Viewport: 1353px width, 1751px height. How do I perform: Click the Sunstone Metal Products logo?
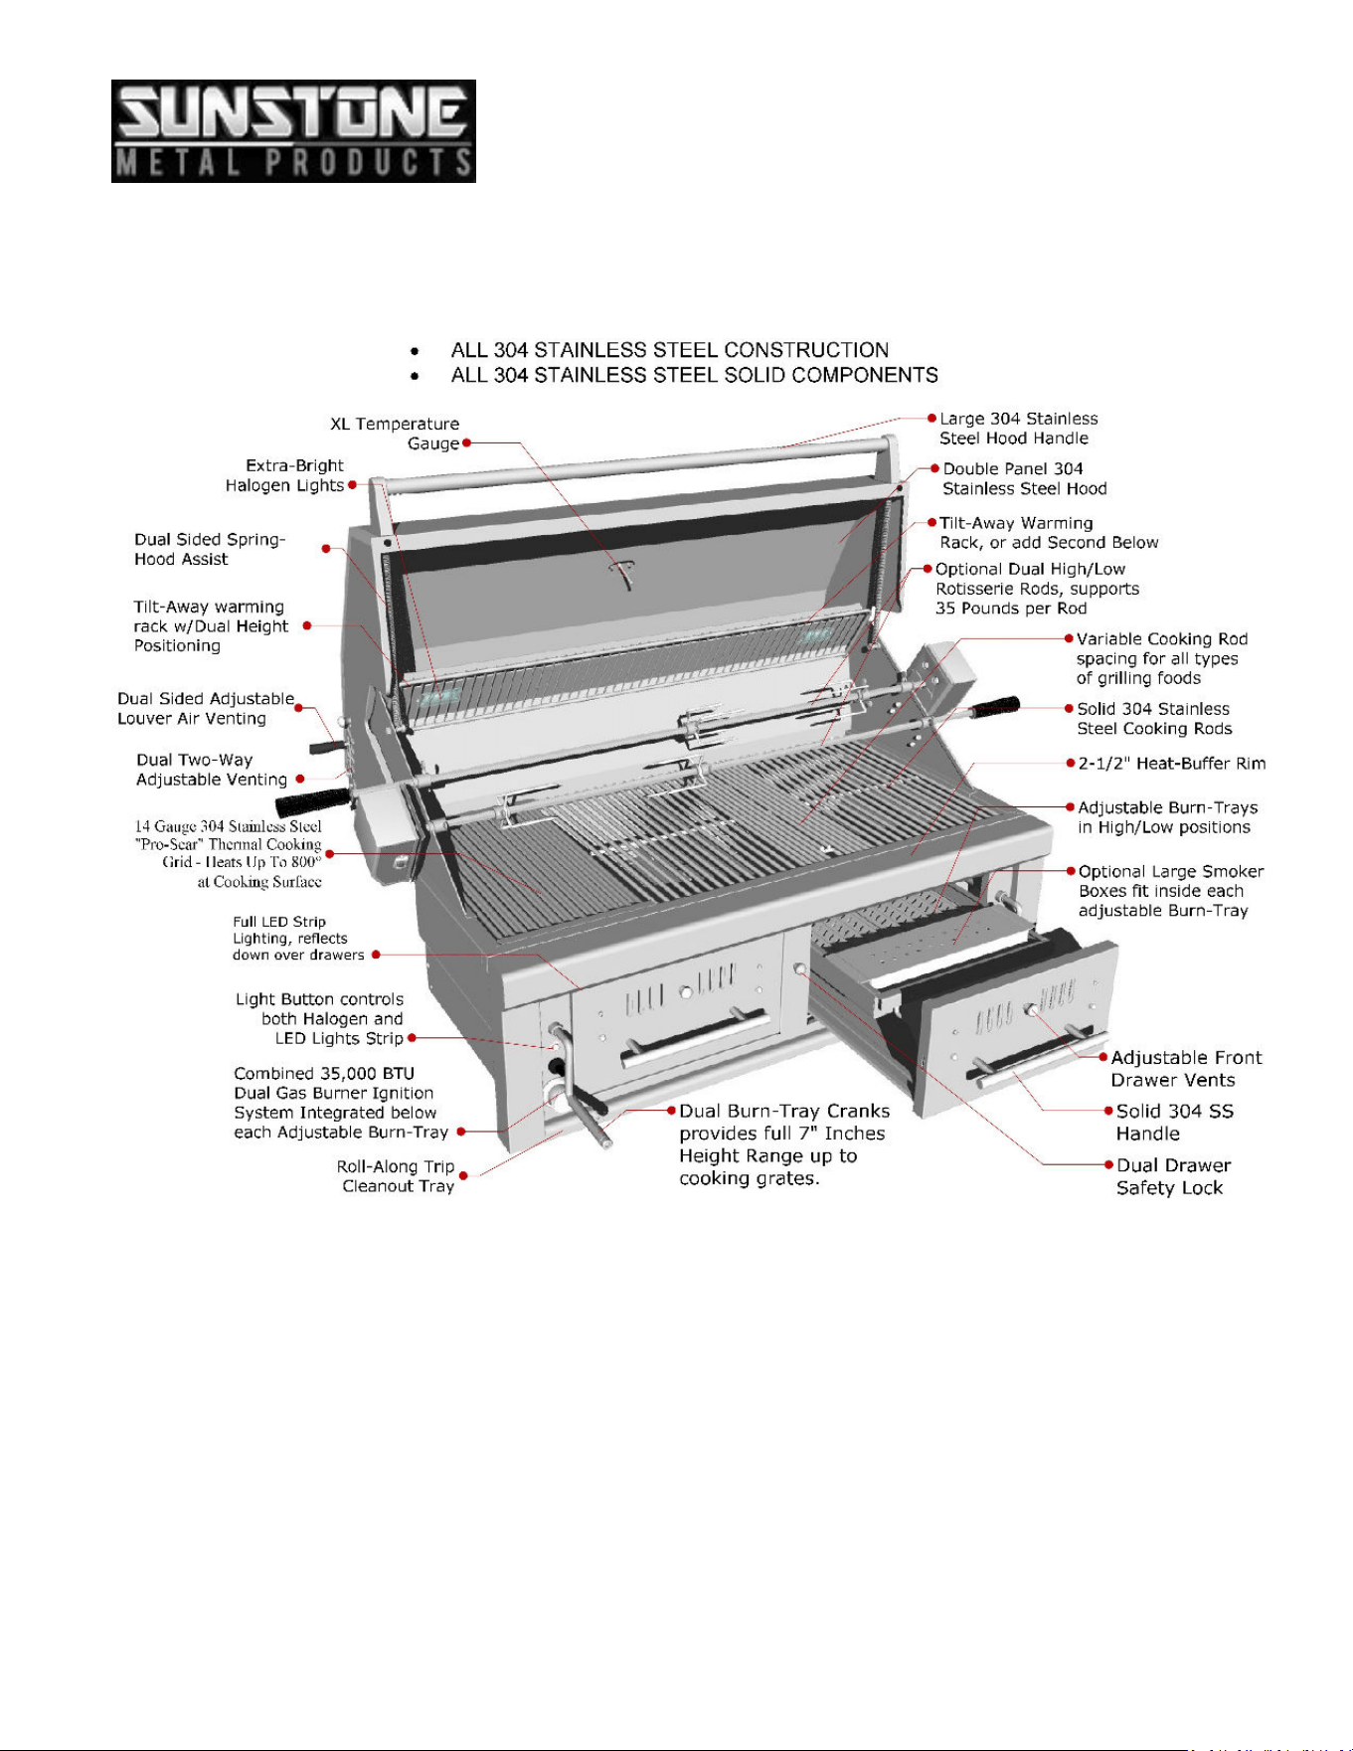click(293, 131)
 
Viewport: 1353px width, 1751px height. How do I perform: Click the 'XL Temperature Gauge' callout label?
click(395, 434)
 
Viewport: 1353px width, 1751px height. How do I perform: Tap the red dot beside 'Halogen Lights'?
click(352, 485)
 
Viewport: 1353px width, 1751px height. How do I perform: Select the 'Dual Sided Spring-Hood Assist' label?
click(210, 549)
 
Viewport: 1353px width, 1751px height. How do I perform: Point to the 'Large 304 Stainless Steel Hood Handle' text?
click(1019, 429)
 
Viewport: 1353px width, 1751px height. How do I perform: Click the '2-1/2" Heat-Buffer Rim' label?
click(1172, 764)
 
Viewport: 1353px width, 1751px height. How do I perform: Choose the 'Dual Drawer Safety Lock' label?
click(1173, 1176)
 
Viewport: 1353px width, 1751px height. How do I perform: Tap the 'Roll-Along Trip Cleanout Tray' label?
click(396, 1176)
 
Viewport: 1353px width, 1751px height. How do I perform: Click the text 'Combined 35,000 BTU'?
click(324, 1073)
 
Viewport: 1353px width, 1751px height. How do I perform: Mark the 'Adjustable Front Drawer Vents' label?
click(1186, 1069)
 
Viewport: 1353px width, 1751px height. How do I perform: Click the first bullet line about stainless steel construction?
click(670, 350)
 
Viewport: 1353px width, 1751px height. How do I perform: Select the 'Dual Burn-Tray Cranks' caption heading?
click(784, 1111)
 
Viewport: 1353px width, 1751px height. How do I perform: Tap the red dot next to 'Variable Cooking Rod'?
click(1069, 638)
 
